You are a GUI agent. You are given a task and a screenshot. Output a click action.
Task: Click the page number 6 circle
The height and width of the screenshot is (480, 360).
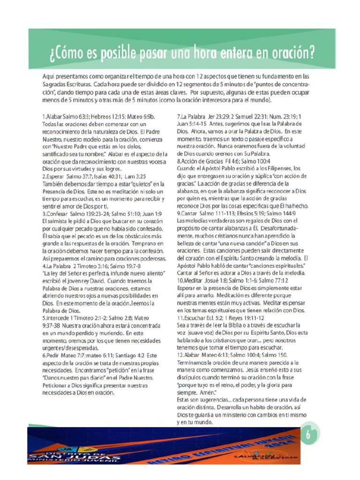pyautogui.click(x=308, y=435)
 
